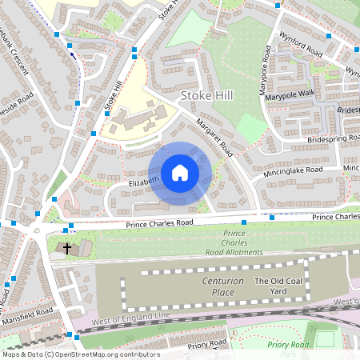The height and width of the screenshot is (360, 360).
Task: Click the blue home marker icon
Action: (x=180, y=172)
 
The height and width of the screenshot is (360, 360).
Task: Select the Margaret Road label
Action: (x=214, y=138)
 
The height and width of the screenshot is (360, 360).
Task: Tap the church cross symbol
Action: (x=66, y=249)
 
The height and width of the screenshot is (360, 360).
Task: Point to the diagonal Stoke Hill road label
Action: (x=113, y=95)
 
